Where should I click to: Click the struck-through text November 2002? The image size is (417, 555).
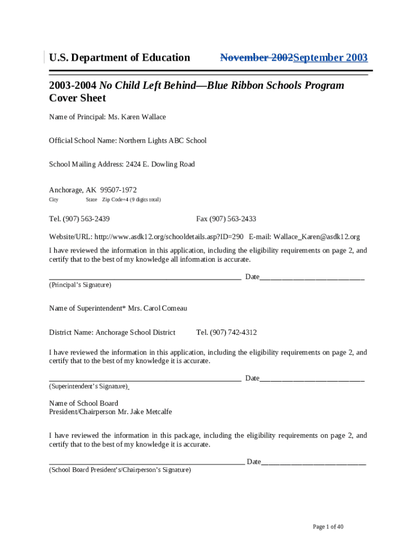pos(256,57)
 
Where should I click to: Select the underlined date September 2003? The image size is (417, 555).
pos(330,57)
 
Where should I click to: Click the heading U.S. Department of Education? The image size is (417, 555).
pos(120,57)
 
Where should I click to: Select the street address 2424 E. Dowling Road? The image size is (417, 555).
pos(160,164)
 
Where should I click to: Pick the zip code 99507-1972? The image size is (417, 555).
pos(119,190)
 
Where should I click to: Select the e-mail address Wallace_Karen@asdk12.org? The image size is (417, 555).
pos(317,237)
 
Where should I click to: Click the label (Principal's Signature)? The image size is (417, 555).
pos(80,285)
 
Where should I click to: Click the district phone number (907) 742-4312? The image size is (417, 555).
pos(234,332)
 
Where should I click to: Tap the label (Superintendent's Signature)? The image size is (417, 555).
pos(88,386)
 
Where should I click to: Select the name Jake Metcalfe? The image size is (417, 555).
pos(152,412)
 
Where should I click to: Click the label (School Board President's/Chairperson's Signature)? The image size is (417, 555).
pos(120,470)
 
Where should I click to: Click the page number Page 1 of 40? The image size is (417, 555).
pos(328,527)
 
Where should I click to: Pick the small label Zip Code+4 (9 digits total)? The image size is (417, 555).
pos(132,200)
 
